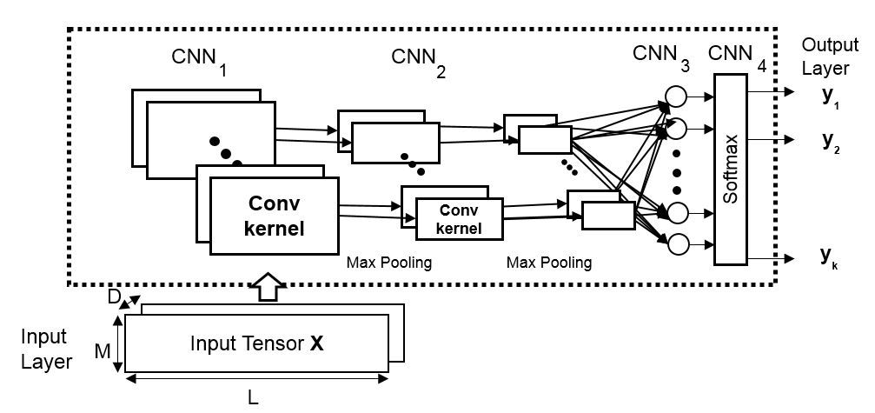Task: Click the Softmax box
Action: pyautogui.click(x=731, y=169)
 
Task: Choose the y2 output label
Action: pyautogui.click(x=831, y=140)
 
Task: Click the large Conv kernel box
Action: pyautogui.click(x=275, y=216)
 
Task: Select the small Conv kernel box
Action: pyautogui.click(x=460, y=218)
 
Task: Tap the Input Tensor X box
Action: pyautogui.click(x=257, y=343)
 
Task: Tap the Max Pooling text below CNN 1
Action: pyautogui.click(x=388, y=262)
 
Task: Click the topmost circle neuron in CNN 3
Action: pyautogui.click(x=675, y=95)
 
